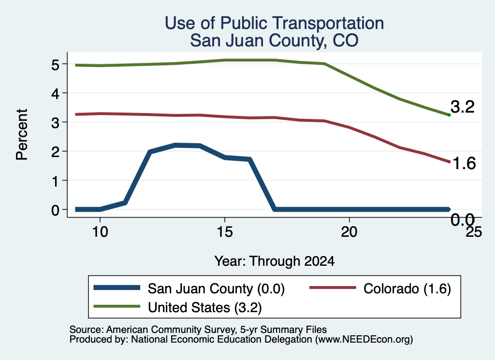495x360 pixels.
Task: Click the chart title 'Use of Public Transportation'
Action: click(275, 23)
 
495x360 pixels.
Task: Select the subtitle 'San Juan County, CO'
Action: click(275, 41)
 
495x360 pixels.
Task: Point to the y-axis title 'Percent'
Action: click(22, 134)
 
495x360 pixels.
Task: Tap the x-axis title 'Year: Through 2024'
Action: click(275, 261)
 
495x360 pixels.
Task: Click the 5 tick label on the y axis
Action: click(55, 65)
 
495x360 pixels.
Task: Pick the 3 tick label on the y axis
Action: click(55, 123)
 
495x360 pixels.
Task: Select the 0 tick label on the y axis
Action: click(55, 210)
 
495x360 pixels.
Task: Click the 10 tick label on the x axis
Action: click(100, 232)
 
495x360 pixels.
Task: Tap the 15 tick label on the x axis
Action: click(225, 232)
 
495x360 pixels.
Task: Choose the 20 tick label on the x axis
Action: click(349, 232)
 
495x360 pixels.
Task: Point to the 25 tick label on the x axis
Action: click(474, 232)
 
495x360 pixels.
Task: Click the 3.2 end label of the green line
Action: click(463, 107)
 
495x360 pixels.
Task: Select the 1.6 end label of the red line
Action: click(464, 163)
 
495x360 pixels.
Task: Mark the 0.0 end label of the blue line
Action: click(463, 220)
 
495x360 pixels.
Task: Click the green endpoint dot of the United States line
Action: click(449, 115)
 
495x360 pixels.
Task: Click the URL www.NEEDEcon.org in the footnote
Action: click(364, 340)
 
